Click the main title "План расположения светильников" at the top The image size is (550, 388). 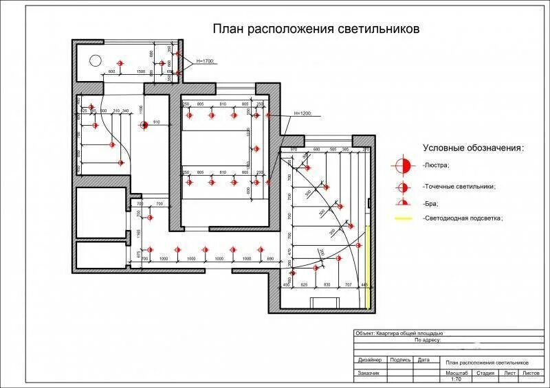tap(316, 30)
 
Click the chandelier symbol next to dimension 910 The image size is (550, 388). tap(144, 125)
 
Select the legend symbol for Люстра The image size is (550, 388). tap(403, 166)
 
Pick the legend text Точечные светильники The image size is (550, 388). tap(460, 185)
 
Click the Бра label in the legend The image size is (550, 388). tap(432, 204)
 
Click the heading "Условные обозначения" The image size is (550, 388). tap(473, 148)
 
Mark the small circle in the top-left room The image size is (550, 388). tap(96, 58)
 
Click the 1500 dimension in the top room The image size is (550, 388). tap(140, 71)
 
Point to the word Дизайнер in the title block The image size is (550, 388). tap(370, 359)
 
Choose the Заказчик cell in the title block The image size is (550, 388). tap(368, 373)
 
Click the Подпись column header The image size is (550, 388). tap(400, 359)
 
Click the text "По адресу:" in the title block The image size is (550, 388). tap(428, 339)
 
